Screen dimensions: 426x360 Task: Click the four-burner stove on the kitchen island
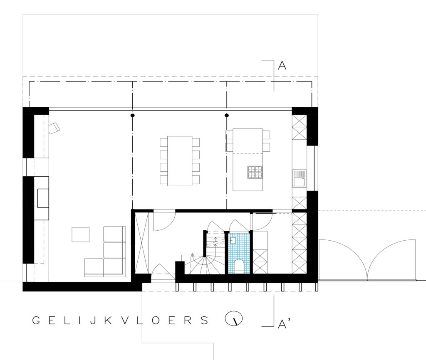[255, 172]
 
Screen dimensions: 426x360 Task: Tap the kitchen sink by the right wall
[299, 178]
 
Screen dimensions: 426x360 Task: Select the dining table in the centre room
[180, 161]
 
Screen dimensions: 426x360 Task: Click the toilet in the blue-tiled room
[239, 266]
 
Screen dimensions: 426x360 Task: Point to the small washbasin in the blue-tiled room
[233, 240]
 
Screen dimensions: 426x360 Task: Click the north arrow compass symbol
[234, 318]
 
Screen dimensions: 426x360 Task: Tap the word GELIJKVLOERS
[120, 321]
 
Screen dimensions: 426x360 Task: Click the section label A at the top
[282, 65]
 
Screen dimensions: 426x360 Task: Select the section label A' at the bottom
[284, 324]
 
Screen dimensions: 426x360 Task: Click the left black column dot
[133, 116]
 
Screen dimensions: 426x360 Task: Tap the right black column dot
[227, 116]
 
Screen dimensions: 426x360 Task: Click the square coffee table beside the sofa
[80, 234]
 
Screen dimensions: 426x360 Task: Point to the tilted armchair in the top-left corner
[54, 128]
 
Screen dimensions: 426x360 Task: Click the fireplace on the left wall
[42, 198]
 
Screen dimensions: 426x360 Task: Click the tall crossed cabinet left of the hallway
[142, 243]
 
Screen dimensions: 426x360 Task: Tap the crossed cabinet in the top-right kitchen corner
[299, 128]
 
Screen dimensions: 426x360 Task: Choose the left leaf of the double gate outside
[343, 259]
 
